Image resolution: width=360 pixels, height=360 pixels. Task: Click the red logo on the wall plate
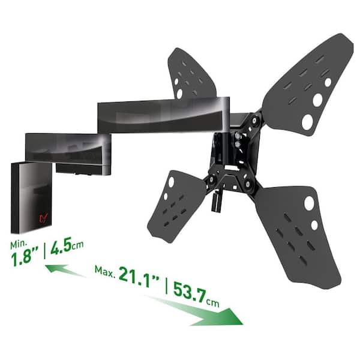coord(43,218)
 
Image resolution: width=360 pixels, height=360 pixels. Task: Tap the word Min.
coord(19,244)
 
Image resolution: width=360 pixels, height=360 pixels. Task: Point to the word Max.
coord(104,272)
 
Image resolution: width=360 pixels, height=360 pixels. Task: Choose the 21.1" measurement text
coord(139,277)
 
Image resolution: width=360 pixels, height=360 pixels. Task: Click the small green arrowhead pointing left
coord(57,269)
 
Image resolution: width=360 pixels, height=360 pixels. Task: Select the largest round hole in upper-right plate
coord(307,122)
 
